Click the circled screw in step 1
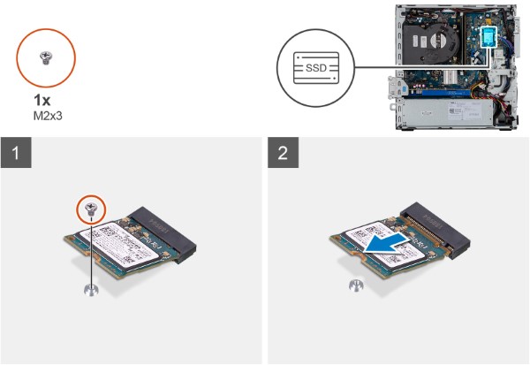92,209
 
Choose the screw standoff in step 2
356,284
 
